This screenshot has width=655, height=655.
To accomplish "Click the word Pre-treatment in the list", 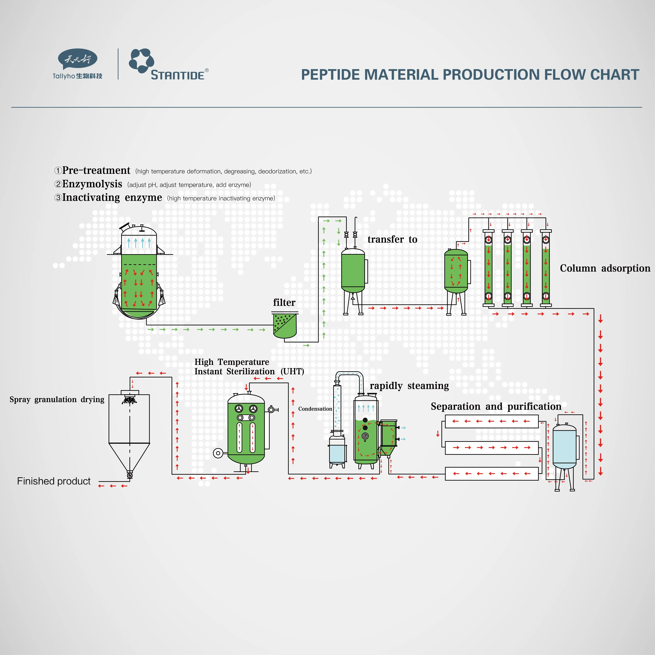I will tap(96, 170).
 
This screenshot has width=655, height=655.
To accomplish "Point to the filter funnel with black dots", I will tap(285, 325).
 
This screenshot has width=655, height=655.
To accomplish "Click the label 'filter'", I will tap(284, 302).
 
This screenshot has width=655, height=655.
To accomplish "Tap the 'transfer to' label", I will tap(392, 239).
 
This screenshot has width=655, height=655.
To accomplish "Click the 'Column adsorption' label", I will tap(605, 268).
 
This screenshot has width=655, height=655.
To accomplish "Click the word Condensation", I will tap(315, 409).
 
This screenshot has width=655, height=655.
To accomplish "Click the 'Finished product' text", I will tap(54, 481).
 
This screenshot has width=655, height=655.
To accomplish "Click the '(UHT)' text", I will tap(292, 372).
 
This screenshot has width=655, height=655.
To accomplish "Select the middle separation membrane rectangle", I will tap(492, 448).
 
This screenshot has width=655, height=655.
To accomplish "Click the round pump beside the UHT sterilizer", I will tap(218, 453).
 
